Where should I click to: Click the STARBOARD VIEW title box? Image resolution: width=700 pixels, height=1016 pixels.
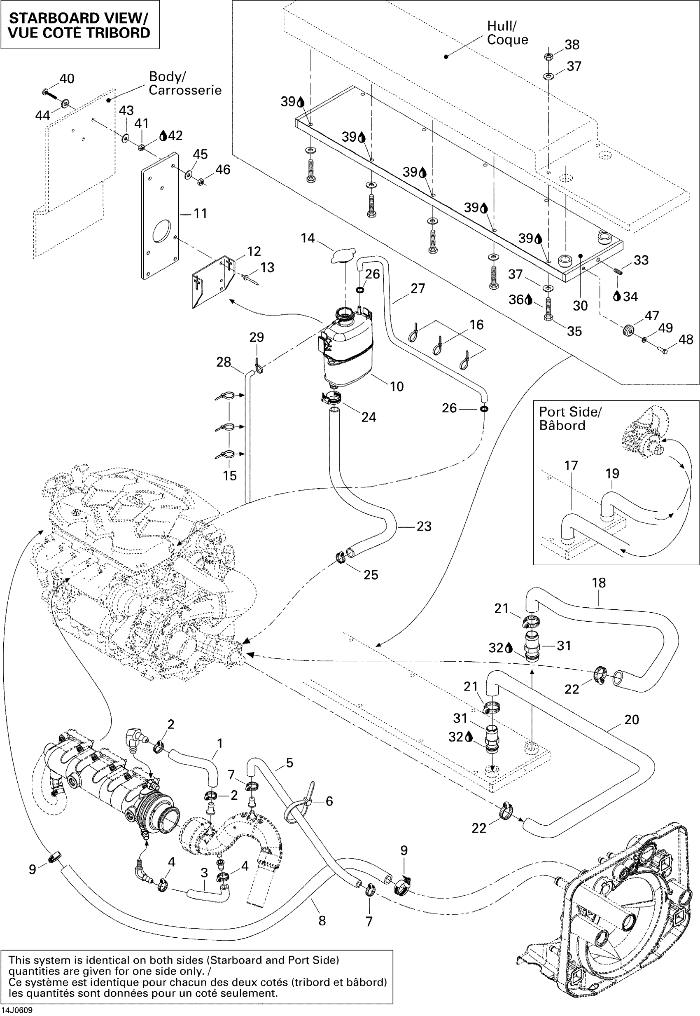click(79, 25)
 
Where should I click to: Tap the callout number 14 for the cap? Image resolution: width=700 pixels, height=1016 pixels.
click(308, 238)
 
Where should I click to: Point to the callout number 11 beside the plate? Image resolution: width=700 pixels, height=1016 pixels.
click(200, 214)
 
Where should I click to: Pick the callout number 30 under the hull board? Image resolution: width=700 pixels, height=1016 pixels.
click(580, 306)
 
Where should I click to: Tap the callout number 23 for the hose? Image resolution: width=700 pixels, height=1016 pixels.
click(424, 526)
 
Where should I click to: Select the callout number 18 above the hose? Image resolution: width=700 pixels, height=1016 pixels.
click(599, 583)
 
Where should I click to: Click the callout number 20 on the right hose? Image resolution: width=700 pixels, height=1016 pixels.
click(632, 719)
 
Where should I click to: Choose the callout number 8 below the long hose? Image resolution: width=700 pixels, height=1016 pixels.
click(322, 921)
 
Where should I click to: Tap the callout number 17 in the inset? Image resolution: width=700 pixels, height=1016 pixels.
click(571, 466)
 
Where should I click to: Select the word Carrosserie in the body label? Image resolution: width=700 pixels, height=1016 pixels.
click(185, 90)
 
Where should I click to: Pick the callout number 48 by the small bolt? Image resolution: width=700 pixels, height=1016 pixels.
click(686, 339)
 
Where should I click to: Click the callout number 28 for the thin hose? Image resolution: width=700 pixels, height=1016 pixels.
click(224, 362)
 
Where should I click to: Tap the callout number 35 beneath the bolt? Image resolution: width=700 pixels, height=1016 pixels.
click(574, 331)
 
